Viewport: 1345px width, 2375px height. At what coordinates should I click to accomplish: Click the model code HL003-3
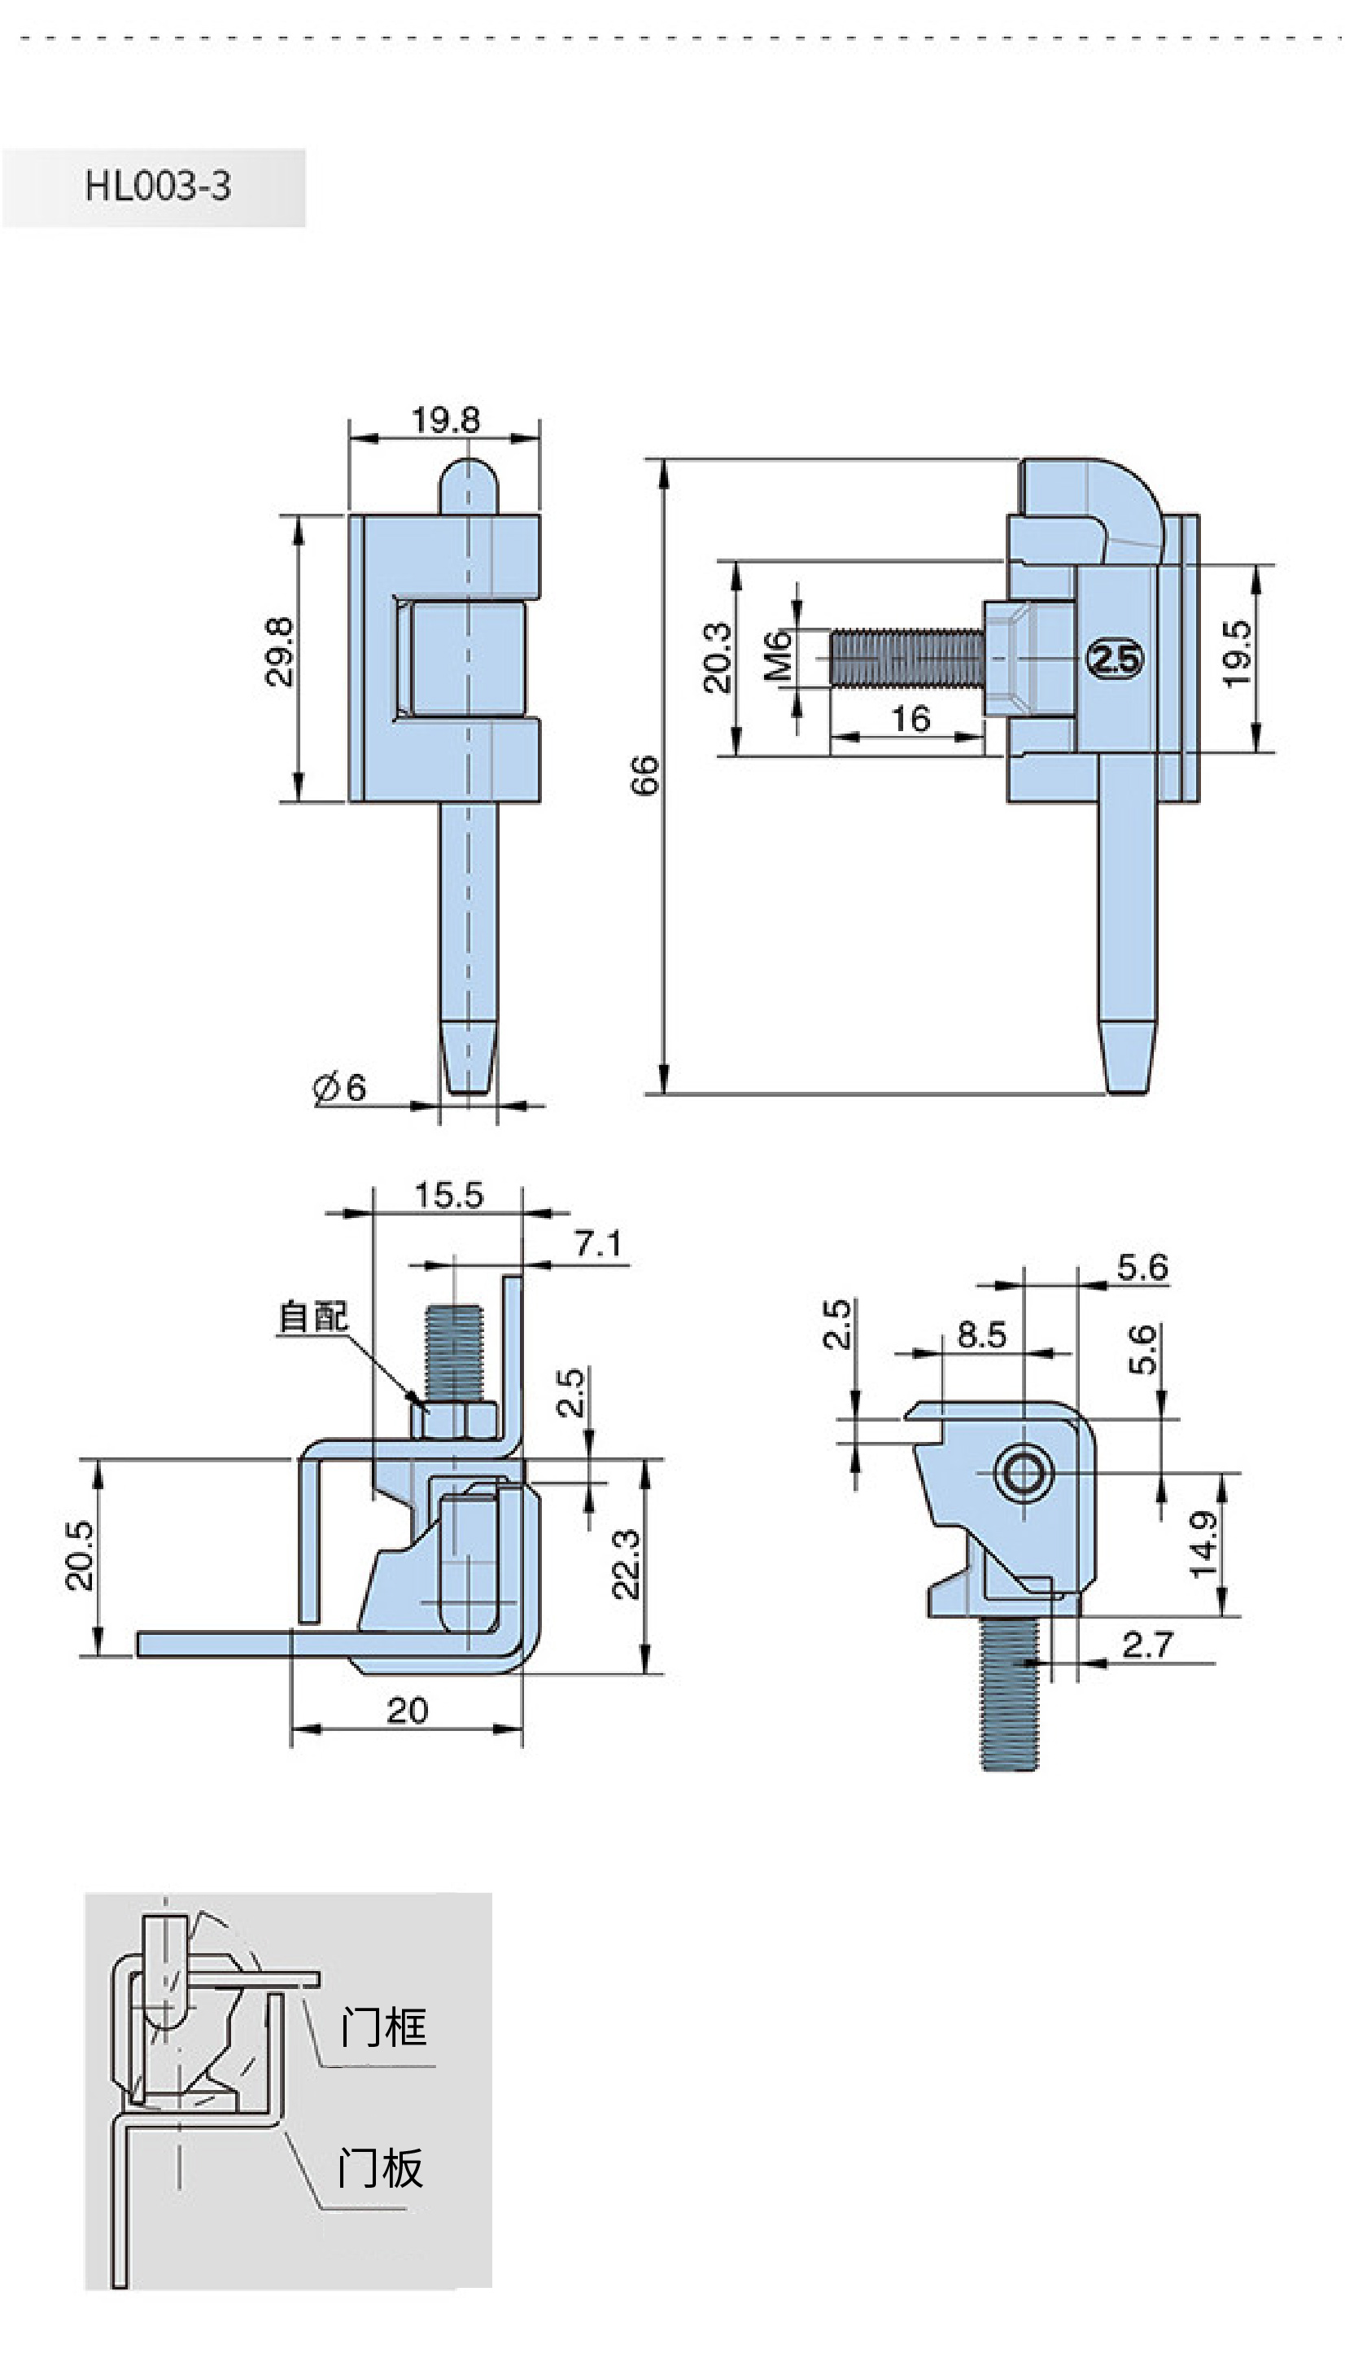pos(158,186)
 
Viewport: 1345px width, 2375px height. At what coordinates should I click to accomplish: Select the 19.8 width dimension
pos(446,420)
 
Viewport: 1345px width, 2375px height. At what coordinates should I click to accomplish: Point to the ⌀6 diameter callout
pos(340,1087)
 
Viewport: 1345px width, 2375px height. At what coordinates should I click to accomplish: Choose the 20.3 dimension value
pos(717,657)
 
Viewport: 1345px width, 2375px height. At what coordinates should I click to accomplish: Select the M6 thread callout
pos(778,655)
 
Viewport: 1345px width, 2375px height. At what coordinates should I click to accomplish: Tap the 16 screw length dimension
pos(910,718)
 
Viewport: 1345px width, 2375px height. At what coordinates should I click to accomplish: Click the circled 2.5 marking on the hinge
pos(1115,659)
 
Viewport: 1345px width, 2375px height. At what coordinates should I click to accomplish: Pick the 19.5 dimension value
pos(1236,653)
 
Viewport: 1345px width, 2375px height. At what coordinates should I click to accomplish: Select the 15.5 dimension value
pos(449,1195)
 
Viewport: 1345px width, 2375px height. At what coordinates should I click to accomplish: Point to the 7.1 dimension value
pos(598,1244)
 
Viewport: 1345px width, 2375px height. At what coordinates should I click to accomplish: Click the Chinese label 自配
pos(314,1317)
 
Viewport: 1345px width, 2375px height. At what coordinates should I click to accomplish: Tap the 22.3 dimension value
pos(626,1563)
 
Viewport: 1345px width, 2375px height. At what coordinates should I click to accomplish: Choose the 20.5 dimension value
pos(80,1555)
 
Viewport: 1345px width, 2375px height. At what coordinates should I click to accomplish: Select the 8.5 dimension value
pos(981,1334)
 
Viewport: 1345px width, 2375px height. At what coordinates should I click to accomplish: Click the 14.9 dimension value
pos(1203,1545)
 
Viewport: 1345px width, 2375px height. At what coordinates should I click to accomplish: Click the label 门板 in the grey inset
pos(381,2168)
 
